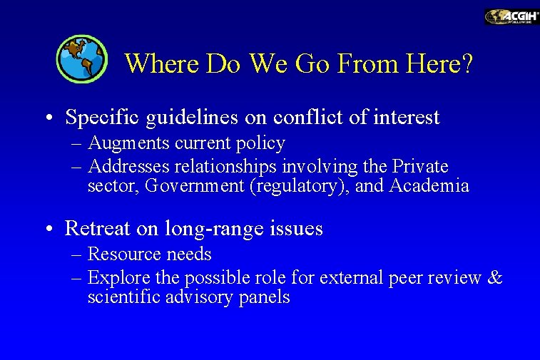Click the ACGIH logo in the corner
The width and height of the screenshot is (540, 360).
[x=511, y=16]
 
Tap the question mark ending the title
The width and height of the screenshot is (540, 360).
[x=467, y=64]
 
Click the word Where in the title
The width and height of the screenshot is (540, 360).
[x=163, y=64]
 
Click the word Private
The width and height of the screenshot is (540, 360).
[x=420, y=167]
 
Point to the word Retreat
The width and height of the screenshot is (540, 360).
[x=96, y=229]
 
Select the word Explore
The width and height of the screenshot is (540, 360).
[x=118, y=278]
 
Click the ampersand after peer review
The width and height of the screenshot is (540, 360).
[x=494, y=277]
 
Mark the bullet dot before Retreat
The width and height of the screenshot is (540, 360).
[x=46, y=230]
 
